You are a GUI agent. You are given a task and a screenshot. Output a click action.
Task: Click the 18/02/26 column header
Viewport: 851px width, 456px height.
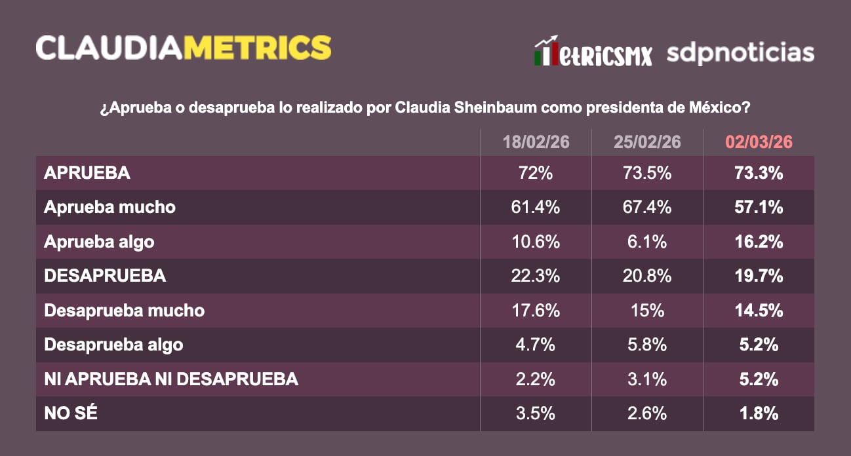click(536, 142)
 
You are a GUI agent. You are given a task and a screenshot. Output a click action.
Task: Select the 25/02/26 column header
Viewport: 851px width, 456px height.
click(647, 142)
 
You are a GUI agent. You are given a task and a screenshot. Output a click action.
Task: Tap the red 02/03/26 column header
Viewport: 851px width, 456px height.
click(759, 142)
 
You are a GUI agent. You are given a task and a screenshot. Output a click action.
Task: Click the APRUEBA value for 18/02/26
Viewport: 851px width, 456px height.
click(536, 173)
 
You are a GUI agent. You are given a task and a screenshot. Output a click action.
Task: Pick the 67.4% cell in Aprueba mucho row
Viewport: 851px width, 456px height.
click(647, 208)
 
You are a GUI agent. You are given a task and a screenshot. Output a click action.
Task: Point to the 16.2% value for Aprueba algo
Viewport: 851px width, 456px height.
click(759, 242)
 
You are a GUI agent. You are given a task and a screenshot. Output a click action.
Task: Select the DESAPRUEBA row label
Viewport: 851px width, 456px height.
click(105, 276)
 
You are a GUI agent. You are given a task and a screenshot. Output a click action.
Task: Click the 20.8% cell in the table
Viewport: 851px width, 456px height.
click(647, 276)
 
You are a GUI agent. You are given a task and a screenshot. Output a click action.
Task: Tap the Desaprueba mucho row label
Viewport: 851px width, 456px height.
click(124, 310)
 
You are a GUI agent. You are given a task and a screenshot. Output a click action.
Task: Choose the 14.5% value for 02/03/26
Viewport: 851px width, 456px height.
click(759, 310)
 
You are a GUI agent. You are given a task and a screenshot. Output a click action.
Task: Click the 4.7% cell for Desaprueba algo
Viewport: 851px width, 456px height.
click(536, 345)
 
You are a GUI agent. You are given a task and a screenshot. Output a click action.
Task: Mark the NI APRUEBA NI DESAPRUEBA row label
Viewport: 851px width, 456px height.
click(171, 379)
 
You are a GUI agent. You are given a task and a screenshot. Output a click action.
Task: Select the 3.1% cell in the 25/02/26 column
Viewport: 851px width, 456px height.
click(647, 379)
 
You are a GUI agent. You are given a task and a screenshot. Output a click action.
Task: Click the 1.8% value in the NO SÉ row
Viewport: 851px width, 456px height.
click(759, 413)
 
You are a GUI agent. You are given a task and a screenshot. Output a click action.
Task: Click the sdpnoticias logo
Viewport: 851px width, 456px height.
click(740, 52)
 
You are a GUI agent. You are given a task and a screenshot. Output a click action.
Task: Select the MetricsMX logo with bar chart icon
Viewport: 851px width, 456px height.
click(593, 52)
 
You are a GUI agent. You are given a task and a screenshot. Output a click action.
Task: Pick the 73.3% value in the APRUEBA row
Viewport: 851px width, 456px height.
click(759, 173)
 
